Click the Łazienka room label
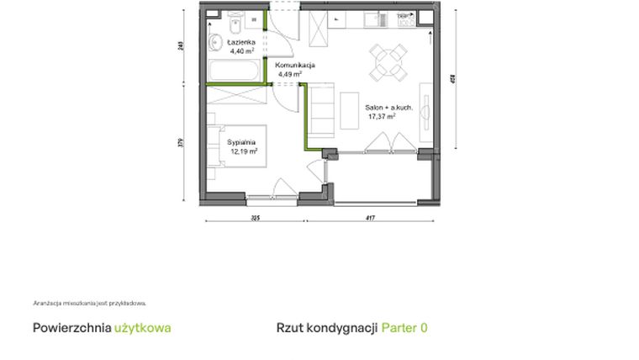(x=229, y=41)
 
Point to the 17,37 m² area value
(x=380, y=118)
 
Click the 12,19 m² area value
(x=243, y=151)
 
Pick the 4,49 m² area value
(x=290, y=74)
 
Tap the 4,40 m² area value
(x=229, y=50)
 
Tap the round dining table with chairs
(x=387, y=60)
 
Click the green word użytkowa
(x=142, y=327)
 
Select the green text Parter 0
(x=404, y=327)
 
